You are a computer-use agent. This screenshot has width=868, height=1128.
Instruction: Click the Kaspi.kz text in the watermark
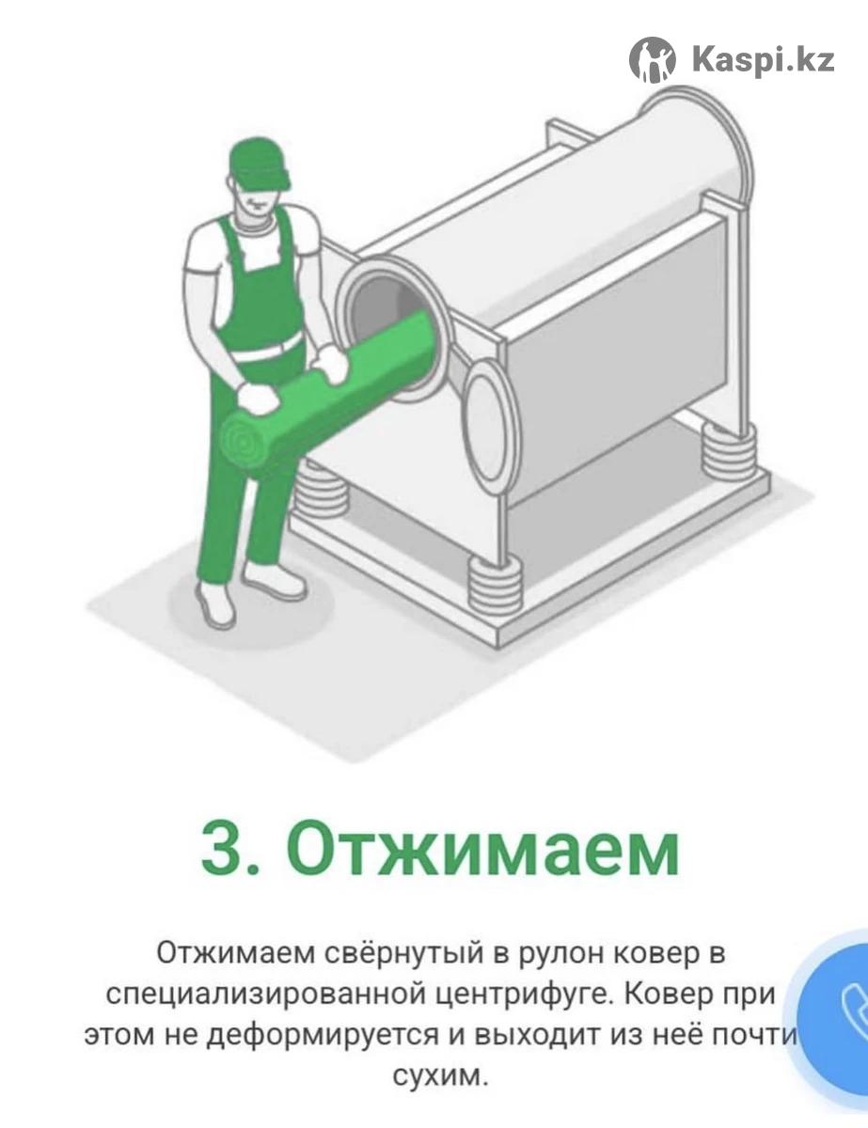pyautogui.click(x=763, y=61)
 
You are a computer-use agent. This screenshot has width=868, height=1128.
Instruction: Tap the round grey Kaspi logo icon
pyautogui.click(x=653, y=60)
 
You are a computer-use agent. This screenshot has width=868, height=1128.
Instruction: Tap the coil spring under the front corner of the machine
pyautogui.click(x=494, y=585)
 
